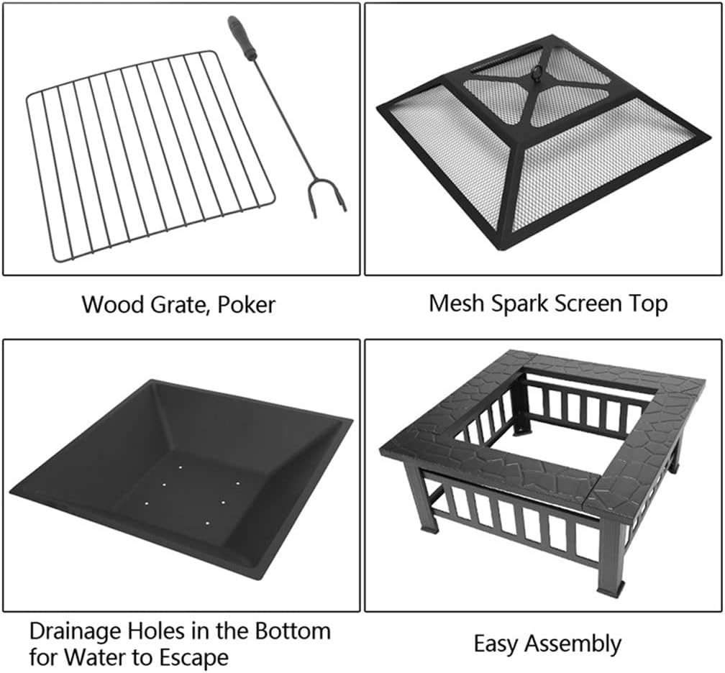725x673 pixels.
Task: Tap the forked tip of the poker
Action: tap(326, 198)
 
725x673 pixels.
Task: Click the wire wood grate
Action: tap(151, 156)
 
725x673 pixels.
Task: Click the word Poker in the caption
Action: tap(247, 305)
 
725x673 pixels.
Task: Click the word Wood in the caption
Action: tap(114, 305)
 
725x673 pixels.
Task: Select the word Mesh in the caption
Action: tap(457, 303)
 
